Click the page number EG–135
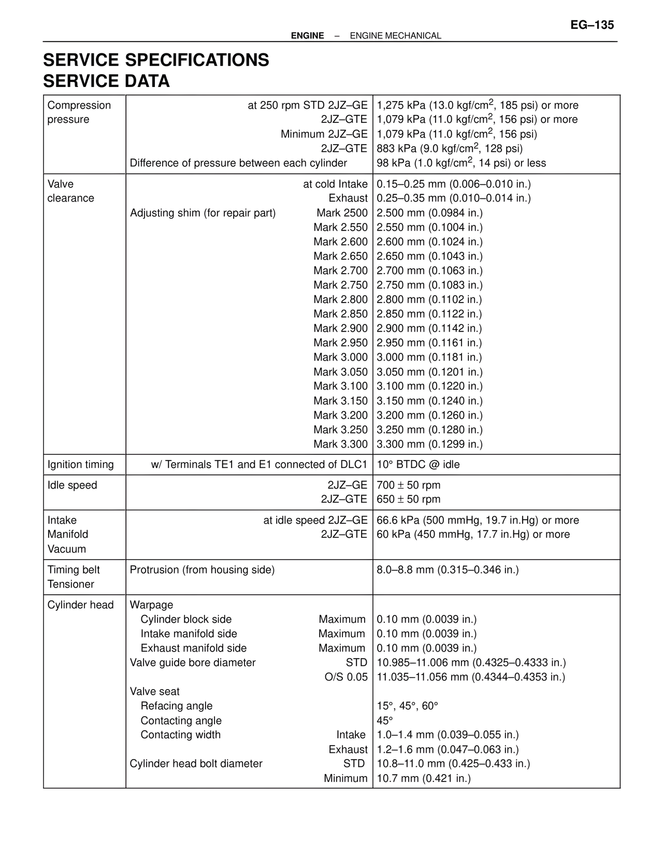pos(592,24)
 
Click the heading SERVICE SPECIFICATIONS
pos(156,60)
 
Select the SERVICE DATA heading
pos(106,81)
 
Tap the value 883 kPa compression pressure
pos(450,149)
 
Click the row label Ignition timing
pos(80,464)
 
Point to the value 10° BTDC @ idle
pos(418,464)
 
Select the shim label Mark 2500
pos(342,213)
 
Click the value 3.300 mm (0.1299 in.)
pos(429,444)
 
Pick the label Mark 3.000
pos(340,357)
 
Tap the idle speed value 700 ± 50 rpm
pos(408,485)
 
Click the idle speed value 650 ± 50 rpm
pos(408,499)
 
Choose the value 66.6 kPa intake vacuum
pos(478,520)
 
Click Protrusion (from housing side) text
pos(202,570)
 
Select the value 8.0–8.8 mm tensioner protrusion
pos(448,570)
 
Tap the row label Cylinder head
pos(80,605)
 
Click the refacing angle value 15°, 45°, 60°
pos(407,706)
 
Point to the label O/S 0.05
pos(346,677)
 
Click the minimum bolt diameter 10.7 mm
pos(423,778)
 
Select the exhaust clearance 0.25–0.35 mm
pos(453,198)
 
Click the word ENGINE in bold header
pos(307,36)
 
